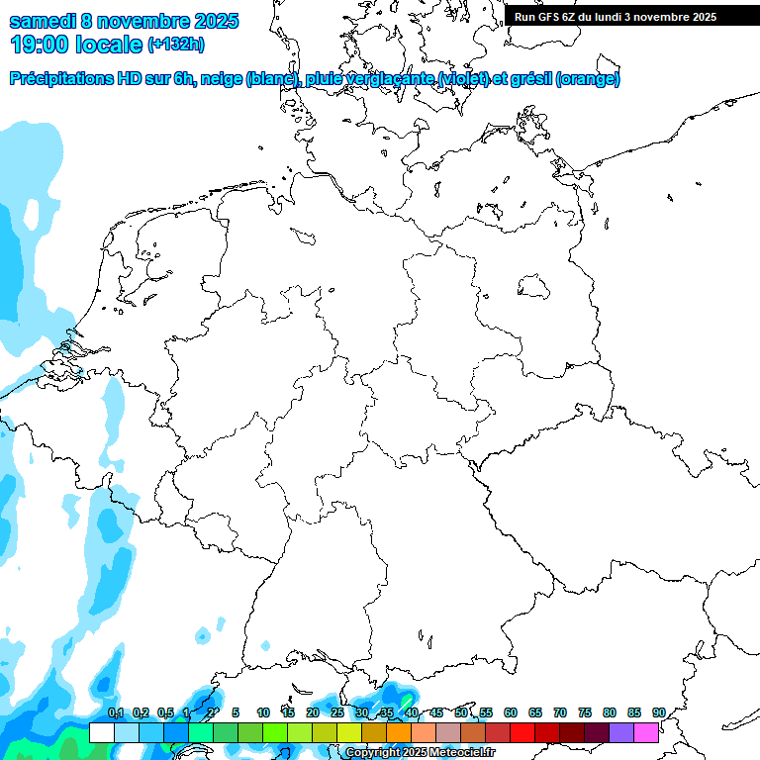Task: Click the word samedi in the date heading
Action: [42, 21]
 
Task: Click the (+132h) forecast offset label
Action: [175, 45]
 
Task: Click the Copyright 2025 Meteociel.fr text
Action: [420, 753]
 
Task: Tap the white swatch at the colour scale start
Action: [101, 732]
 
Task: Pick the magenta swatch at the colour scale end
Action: [646, 732]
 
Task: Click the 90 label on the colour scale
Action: [658, 712]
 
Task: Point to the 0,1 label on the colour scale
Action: [116, 712]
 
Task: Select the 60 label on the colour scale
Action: [511, 712]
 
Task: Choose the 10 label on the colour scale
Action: [263, 712]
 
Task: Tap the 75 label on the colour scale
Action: [585, 712]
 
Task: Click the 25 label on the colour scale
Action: [337, 712]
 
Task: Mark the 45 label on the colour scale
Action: [436, 712]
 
